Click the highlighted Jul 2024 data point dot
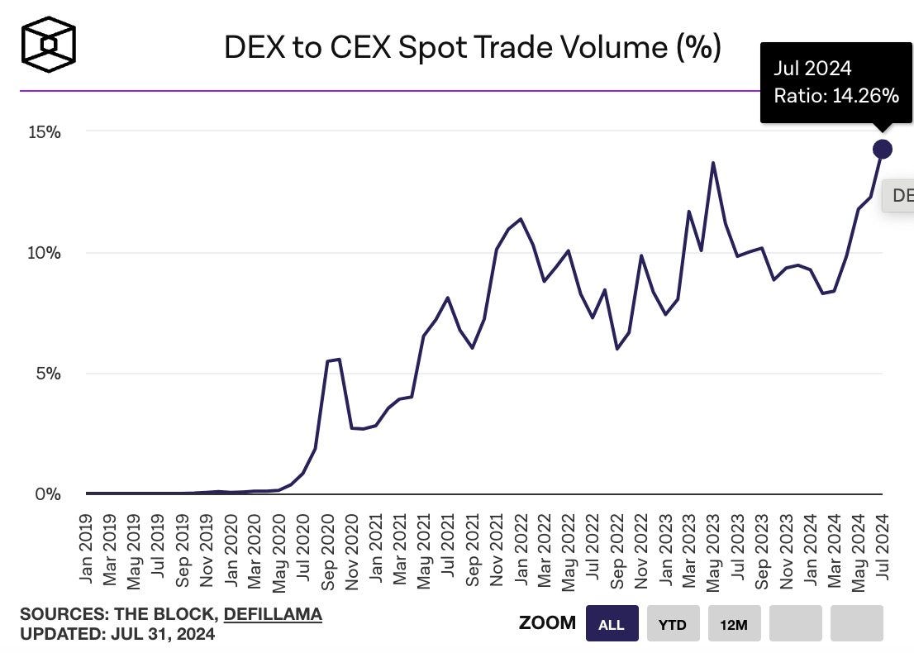(x=882, y=149)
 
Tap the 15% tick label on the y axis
(x=40, y=132)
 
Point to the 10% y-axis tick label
(x=40, y=253)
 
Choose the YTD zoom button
(x=673, y=624)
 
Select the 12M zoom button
(x=734, y=624)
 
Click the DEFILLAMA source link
(x=273, y=614)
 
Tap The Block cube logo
(x=49, y=44)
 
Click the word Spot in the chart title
(x=429, y=48)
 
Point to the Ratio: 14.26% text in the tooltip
(x=835, y=96)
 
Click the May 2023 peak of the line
(x=713, y=163)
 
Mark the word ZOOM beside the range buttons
(x=547, y=623)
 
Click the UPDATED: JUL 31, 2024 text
(x=117, y=634)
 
